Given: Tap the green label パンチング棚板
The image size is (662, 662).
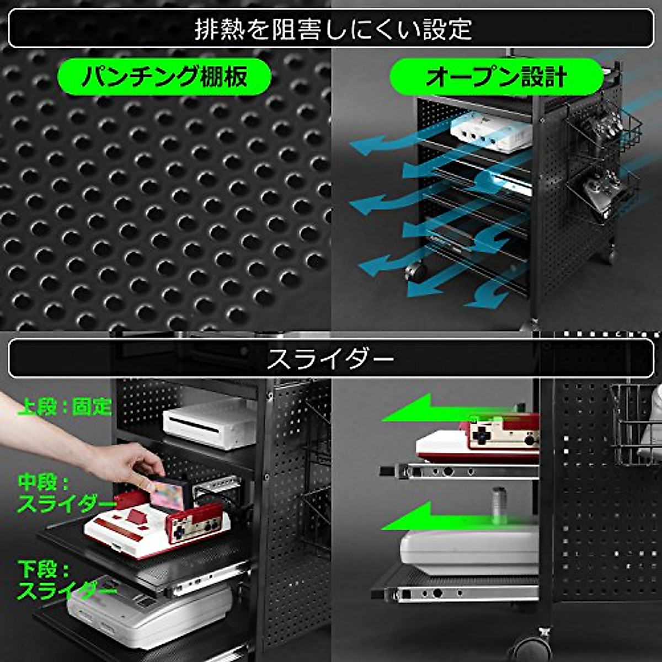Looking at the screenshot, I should click(x=164, y=77).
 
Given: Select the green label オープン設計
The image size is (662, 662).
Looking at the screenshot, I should click(x=496, y=77).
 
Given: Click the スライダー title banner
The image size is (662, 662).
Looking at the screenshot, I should click(x=331, y=359).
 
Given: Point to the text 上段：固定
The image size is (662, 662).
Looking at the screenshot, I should click(x=65, y=407).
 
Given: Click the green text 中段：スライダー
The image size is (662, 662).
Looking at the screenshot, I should click(x=65, y=493).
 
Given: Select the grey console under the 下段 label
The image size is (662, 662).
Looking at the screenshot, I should click(x=154, y=612).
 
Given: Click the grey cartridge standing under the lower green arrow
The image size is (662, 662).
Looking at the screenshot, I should click(x=499, y=505).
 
